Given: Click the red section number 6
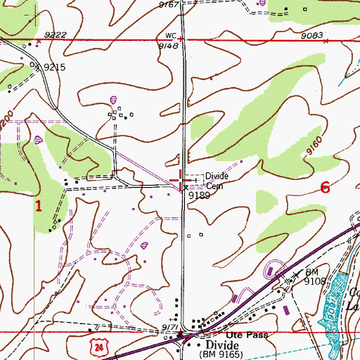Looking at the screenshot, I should pos(325,188).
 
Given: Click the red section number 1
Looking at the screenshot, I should pos(39,206).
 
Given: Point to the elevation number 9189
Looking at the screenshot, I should pos(199,196).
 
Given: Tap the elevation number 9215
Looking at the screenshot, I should pos(54,67).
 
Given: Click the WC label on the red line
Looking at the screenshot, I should pos(169,34).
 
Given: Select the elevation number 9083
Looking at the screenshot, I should pos(311,35).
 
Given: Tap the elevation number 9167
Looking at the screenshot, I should pos(169,5).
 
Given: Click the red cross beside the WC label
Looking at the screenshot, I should pos(181,38).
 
